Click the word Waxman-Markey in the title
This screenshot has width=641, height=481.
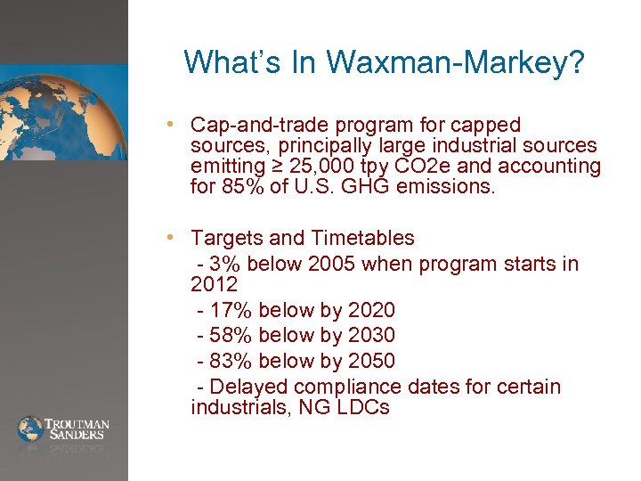pos(455,62)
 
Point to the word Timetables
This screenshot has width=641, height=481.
pos(363,238)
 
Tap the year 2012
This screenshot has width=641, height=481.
pos(214,285)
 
